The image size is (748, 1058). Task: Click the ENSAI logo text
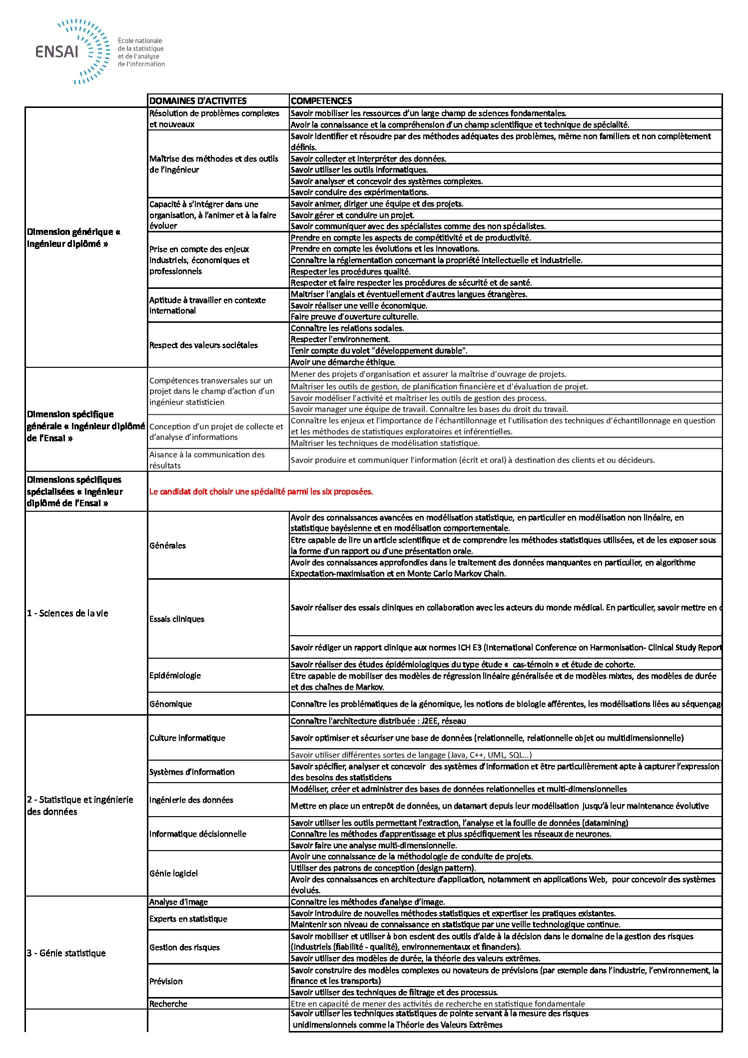[x=57, y=51]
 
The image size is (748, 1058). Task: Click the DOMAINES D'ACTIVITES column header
[x=198, y=101]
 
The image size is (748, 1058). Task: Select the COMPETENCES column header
[x=321, y=101]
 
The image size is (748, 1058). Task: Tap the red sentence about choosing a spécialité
[x=261, y=492]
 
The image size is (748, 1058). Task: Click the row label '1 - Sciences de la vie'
[x=67, y=613]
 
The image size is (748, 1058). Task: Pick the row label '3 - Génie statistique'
[x=66, y=953]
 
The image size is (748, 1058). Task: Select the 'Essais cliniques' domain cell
[x=177, y=619]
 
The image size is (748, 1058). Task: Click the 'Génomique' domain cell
[x=170, y=704]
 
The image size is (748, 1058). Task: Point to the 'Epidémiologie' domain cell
[x=175, y=676]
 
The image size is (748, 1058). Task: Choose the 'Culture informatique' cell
[x=187, y=738]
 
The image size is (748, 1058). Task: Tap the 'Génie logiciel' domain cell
[x=173, y=874]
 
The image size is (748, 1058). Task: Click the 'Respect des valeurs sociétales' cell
[x=203, y=345]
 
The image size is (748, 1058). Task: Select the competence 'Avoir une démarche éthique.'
[x=343, y=362]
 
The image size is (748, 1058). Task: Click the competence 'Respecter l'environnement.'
[x=340, y=339]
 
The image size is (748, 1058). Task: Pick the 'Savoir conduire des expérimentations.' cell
[x=360, y=192]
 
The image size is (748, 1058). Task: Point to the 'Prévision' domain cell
[x=166, y=982]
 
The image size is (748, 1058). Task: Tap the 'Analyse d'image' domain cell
[x=178, y=902]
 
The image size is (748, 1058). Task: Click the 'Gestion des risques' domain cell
[x=184, y=948]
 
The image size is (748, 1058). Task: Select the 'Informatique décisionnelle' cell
[x=198, y=834]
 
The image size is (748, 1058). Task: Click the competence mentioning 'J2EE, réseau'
[x=378, y=721]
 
